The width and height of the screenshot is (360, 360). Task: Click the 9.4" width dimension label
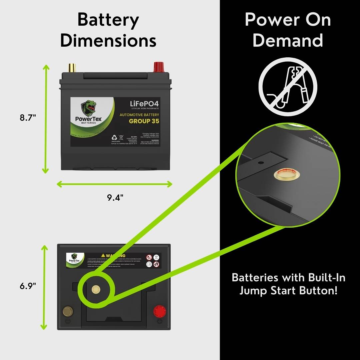pyautogui.click(x=115, y=198)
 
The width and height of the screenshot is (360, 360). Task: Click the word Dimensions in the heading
pyautogui.click(x=108, y=41)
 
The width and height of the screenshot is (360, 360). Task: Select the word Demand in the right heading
pyautogui.click(x=288, y=41)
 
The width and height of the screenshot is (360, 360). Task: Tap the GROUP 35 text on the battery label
pyautogui.click(x=144, y=121)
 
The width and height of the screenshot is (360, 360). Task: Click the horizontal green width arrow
pyautogui.click(x=115, y=184)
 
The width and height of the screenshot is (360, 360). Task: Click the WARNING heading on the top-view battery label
pyautogui.click(x=115, y=255)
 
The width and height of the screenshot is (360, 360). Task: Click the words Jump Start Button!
pyautogui.click(x=289, y=291)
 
